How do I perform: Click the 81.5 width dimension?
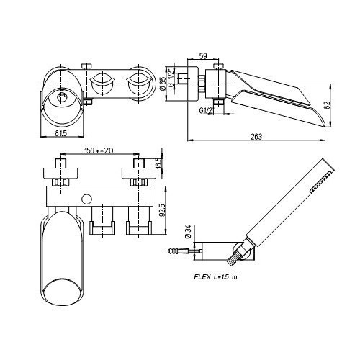click(60, 133)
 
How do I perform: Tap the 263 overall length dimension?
click(256, 137)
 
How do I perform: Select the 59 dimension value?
click(203, 56)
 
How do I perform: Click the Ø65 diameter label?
click(163, 84)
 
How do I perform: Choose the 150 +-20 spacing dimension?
click(99, 150)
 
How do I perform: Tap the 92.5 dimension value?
click(163, 210)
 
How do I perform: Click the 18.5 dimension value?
click(158, 164)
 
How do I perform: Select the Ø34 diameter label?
click(188, 232)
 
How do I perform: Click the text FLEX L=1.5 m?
click(215, 277)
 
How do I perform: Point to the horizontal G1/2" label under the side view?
click(206, 111)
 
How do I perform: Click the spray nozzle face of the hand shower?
click(323, 181)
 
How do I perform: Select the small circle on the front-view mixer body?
click(86, 199)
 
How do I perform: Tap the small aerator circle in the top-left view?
click(62, 98)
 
